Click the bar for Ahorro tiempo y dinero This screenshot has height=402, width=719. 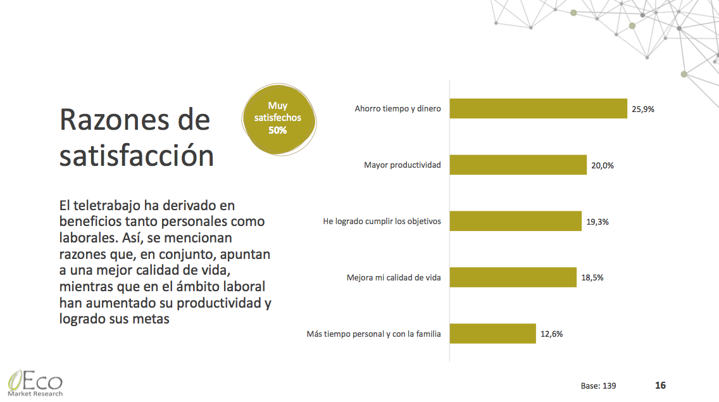538,109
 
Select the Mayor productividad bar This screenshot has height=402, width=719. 518,165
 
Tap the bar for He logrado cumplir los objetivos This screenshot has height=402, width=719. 516,222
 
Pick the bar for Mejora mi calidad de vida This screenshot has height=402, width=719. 513,277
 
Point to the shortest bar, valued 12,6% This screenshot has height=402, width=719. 493,334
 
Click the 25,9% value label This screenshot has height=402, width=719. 643,109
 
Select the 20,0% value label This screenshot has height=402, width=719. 603,165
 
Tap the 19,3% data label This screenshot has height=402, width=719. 597,222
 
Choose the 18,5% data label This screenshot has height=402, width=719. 592,277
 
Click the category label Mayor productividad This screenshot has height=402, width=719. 402,165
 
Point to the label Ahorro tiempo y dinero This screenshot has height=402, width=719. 397,109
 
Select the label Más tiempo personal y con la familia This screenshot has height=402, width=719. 373,334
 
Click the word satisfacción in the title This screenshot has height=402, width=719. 137,156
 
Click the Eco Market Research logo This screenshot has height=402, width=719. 35,383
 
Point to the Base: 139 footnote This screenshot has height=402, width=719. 598,386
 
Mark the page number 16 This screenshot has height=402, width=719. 660,385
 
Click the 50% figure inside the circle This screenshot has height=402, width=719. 277,130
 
